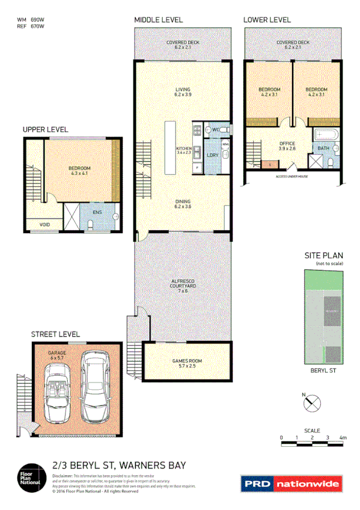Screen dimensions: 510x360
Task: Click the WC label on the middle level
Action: coord(215,129)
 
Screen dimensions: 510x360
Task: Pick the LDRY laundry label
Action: coord(212,155)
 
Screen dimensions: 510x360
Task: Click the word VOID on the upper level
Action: coord(45,225)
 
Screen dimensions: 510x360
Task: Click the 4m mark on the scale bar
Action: coord(343,437)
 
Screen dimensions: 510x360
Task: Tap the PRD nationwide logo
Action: coord(291,483)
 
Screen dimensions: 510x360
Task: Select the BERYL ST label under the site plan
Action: coord(322,372)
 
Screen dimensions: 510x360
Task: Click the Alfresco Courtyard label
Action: coord(183,286)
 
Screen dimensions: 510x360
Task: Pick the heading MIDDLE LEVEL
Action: coord(158,20)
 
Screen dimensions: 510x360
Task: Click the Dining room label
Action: coord(183,204)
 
